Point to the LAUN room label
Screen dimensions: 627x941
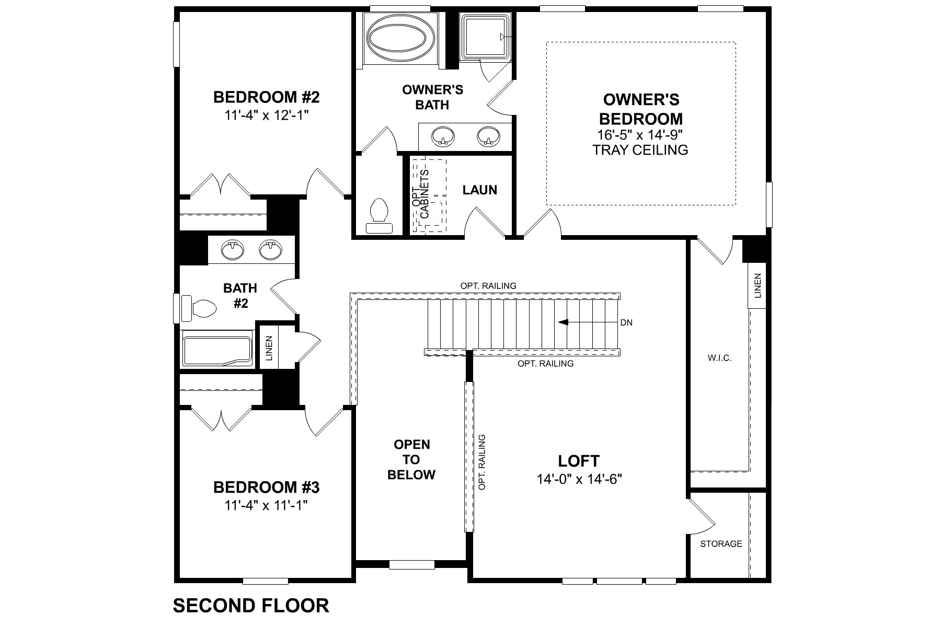tap(479, 190)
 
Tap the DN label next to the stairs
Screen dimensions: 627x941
tap(626, 322)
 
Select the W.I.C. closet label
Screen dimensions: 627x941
tap(719, 358)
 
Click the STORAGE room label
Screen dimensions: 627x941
tap(721, 543)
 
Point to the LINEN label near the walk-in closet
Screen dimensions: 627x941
tap(758, 286)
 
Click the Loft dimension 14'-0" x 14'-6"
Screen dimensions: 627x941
tap(579, 479)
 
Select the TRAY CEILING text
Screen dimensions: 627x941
tap(640, 150)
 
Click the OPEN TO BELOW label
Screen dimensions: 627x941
tap(411, 459)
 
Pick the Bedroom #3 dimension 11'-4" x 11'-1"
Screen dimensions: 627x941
tap(266, 505)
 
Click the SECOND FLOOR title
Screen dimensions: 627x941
tap(251, 605)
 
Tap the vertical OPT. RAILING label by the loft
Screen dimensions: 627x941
tap(482, 462)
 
